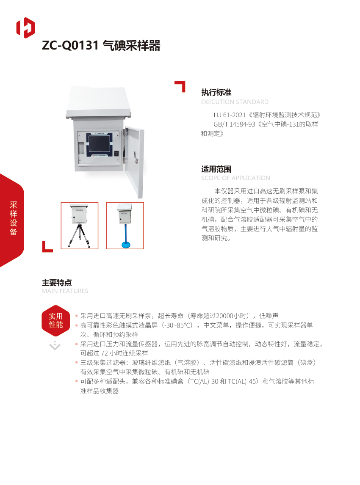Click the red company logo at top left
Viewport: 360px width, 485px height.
pyautogui.click(x=25, y=28)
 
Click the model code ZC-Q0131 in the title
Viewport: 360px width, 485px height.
pyautogui.click(x=70, y=46)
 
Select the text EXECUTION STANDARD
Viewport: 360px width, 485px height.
pyautogui.click(x=235, y=102)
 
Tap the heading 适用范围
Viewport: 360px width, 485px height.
pyautogui.click(x=216, y=169)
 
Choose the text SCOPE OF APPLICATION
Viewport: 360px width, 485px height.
pyautogui.click(x=235, y=178)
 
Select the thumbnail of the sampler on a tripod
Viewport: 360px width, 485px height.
pyautogui.click(x=80, y=226)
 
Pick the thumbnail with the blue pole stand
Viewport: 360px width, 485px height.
pyautogui.click(x=125, y=226)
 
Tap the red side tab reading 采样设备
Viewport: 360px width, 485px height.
pyautogui.click(x=13, y=219)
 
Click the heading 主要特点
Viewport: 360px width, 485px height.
pyautogui.click(x=57, y=282)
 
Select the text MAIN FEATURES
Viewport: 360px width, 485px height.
pyautogui.click(x=65, y=291)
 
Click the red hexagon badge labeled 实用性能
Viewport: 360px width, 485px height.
pyautogui.click(x=55, y=320)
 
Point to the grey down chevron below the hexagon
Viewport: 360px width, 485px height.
pyautogui.click(x=55, y=346)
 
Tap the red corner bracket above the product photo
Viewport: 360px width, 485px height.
pyautogui.click(x=180, y=86)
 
